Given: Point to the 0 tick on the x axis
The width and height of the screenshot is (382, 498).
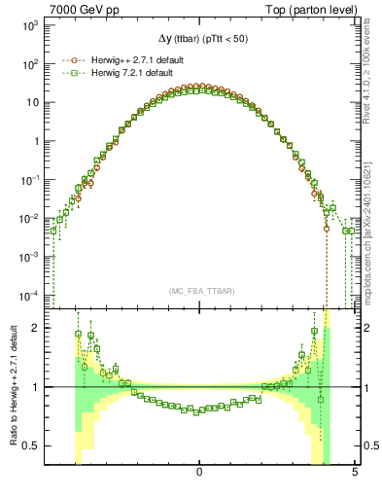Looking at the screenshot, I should (x=199, y=473).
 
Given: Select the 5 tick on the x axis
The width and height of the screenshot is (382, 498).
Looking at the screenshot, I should (x=355, y=473).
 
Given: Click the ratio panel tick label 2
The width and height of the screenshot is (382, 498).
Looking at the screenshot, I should (x=36, y=328).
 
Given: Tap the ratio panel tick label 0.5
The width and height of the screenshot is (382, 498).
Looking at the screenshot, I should (x=32, y=446).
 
